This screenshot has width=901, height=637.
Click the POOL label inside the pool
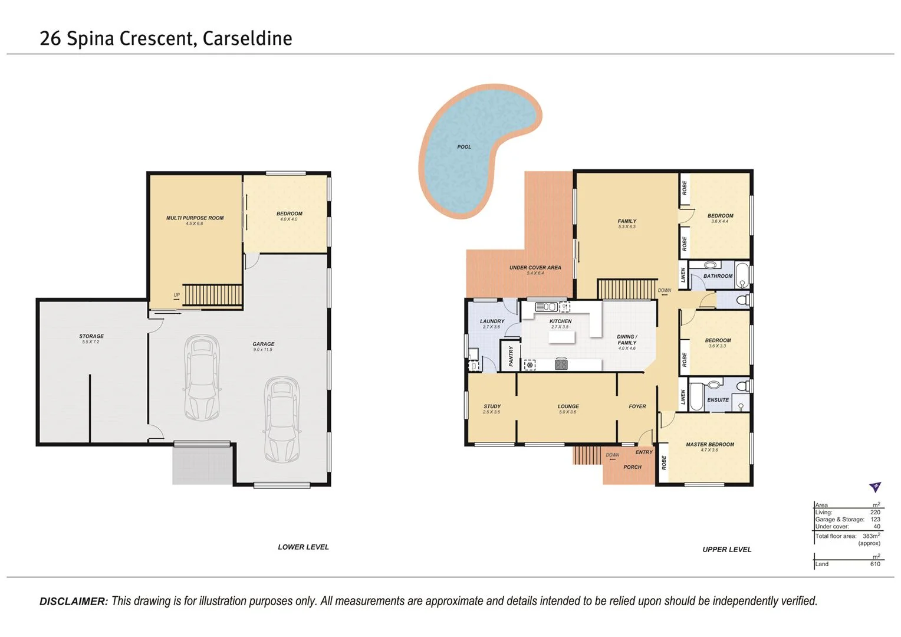pos(464,147)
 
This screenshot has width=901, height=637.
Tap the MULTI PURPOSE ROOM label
pos(195,218)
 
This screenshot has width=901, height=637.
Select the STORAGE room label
pos(91,336)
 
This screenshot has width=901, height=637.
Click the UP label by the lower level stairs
pos(176,295)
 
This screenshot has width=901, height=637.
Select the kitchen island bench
pos(561,337)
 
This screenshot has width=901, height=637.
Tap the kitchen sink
pos(546,306)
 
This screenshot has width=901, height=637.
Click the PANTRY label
pos(511,355)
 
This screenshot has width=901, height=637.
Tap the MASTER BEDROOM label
pos(709,444)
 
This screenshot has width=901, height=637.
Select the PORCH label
pos(632,467)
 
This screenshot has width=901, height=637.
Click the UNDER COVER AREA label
pos(535,268)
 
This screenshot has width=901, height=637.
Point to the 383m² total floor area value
pos(870,536)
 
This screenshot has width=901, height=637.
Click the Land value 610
pos(874,564)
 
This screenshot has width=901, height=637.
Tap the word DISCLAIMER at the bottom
pos(74,602)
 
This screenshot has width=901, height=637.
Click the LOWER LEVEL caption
pos(303,547)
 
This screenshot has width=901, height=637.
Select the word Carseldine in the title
pos(247,38)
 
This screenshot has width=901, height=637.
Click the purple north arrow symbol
pos(875,487)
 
